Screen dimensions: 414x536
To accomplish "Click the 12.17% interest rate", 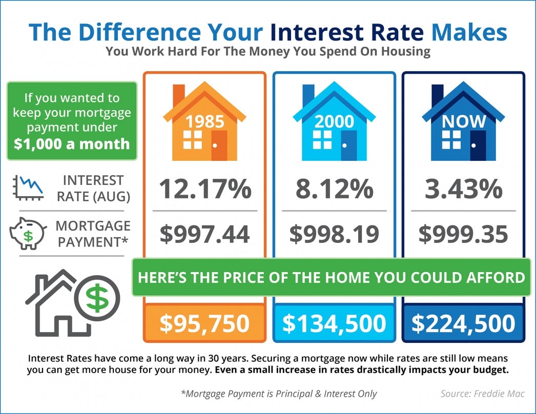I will pos(204,189).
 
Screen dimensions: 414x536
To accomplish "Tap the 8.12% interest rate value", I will pos(334,189).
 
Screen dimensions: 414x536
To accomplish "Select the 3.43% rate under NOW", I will pos(463,189).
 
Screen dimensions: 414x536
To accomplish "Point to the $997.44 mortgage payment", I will pos(204,234).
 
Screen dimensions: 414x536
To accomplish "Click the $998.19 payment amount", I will pos(334,234).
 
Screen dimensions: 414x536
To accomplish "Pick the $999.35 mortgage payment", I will pos(463,234).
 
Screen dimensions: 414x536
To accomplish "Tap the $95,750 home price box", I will pos(204,323).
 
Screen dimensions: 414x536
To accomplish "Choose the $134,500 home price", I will pos(334,323).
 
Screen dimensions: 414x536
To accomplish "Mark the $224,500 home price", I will pos(463,323).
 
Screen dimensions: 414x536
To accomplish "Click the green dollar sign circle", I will pos(97,297).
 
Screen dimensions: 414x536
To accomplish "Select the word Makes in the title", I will pos(469,32).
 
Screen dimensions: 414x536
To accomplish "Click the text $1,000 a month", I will pos(72,143).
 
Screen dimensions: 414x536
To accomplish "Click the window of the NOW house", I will pos(451,139).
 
